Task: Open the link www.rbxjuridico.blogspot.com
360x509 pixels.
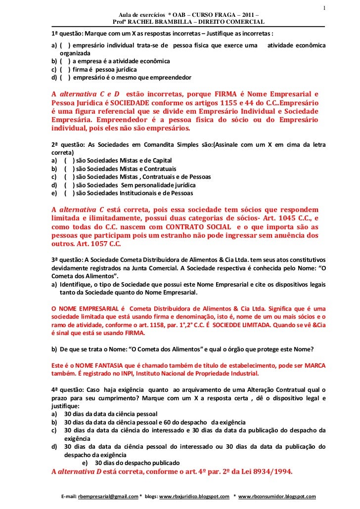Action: [194, 496]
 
